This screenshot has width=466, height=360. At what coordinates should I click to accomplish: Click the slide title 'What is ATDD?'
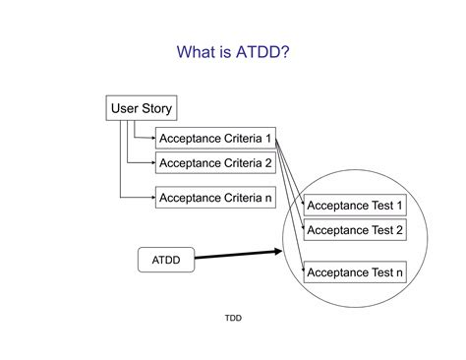(232, 52)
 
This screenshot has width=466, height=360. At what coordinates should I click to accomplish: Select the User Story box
(140, 108)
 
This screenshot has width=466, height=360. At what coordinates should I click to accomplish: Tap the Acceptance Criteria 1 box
(215, 139)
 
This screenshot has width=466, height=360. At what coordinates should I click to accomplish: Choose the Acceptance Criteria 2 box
(215, 163)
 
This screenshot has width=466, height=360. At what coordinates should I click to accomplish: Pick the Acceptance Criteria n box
(215, 198)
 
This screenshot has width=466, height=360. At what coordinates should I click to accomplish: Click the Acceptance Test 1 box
(355, 206)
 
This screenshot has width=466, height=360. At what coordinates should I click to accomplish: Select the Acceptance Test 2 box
(355, 230)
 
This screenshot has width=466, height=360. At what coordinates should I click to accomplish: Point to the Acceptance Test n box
(355, 271)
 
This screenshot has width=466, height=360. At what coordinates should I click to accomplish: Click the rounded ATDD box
(165, 260)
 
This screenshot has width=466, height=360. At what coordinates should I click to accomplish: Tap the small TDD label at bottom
(233, 318)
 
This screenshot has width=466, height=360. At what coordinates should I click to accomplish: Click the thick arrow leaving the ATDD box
(246, 255)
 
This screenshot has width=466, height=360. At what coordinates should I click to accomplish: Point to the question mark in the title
(284, 52)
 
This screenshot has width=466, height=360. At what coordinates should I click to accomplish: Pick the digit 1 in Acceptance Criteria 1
(268, 139)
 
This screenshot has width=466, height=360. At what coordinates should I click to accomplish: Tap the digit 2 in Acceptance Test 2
(399, 230)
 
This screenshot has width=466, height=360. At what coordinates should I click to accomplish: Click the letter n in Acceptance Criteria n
(268, 198)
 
